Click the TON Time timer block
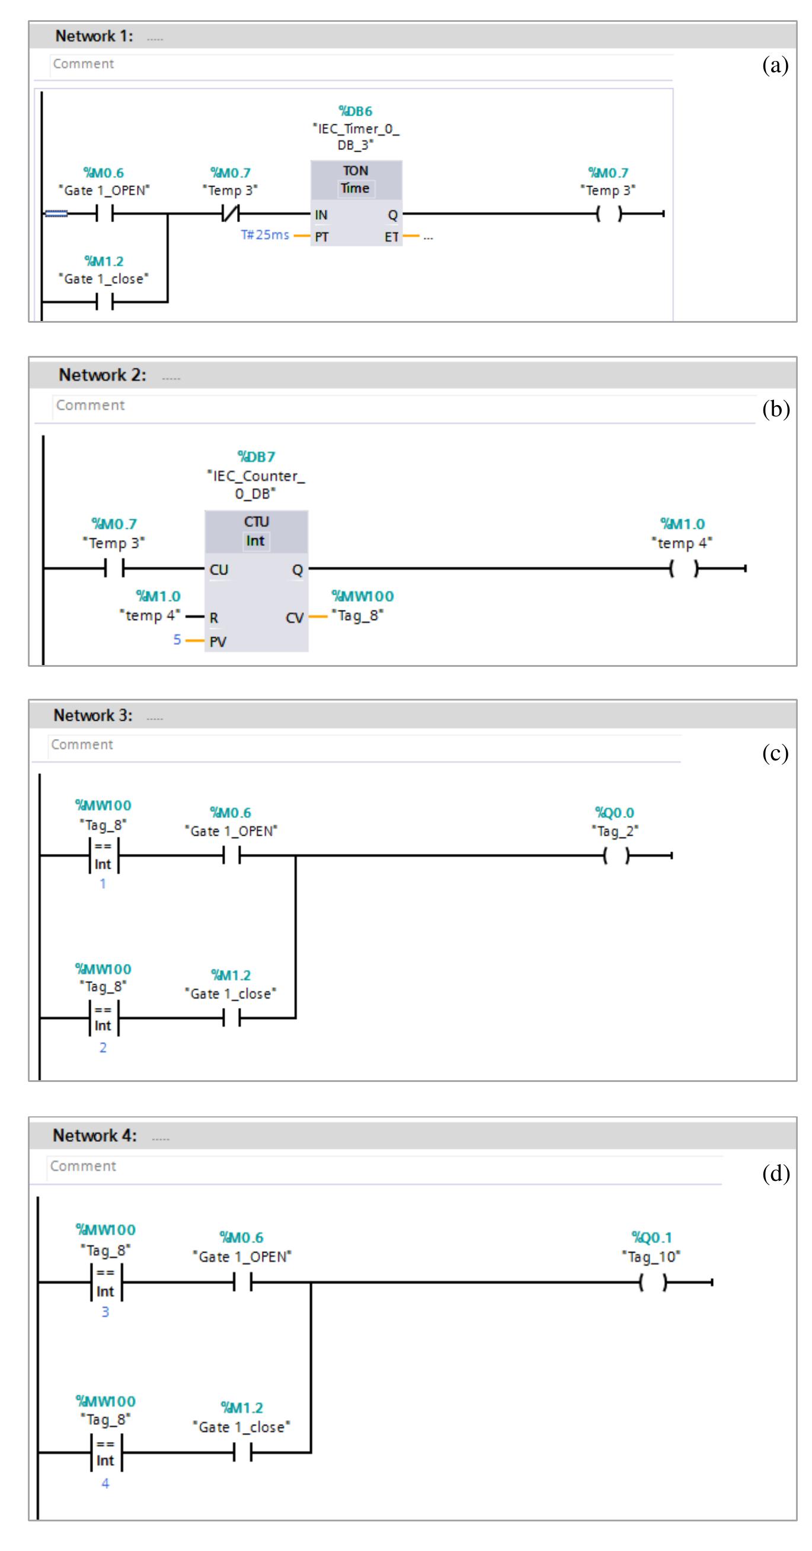point(356,203)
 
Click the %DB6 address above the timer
point(356,111)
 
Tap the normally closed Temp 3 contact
point(230,213)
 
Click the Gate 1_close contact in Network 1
point(105,301)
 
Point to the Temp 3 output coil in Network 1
point(608,214)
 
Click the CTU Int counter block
point(256,581)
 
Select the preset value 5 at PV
point(177,640)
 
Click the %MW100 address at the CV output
point(363,596)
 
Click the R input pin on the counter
point(214,618)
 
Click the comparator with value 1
point(104,855)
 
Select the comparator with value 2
point(104,1017)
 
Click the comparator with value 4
point(106,1452)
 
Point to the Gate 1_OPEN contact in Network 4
point(242,1283)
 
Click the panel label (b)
point(775,409)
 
